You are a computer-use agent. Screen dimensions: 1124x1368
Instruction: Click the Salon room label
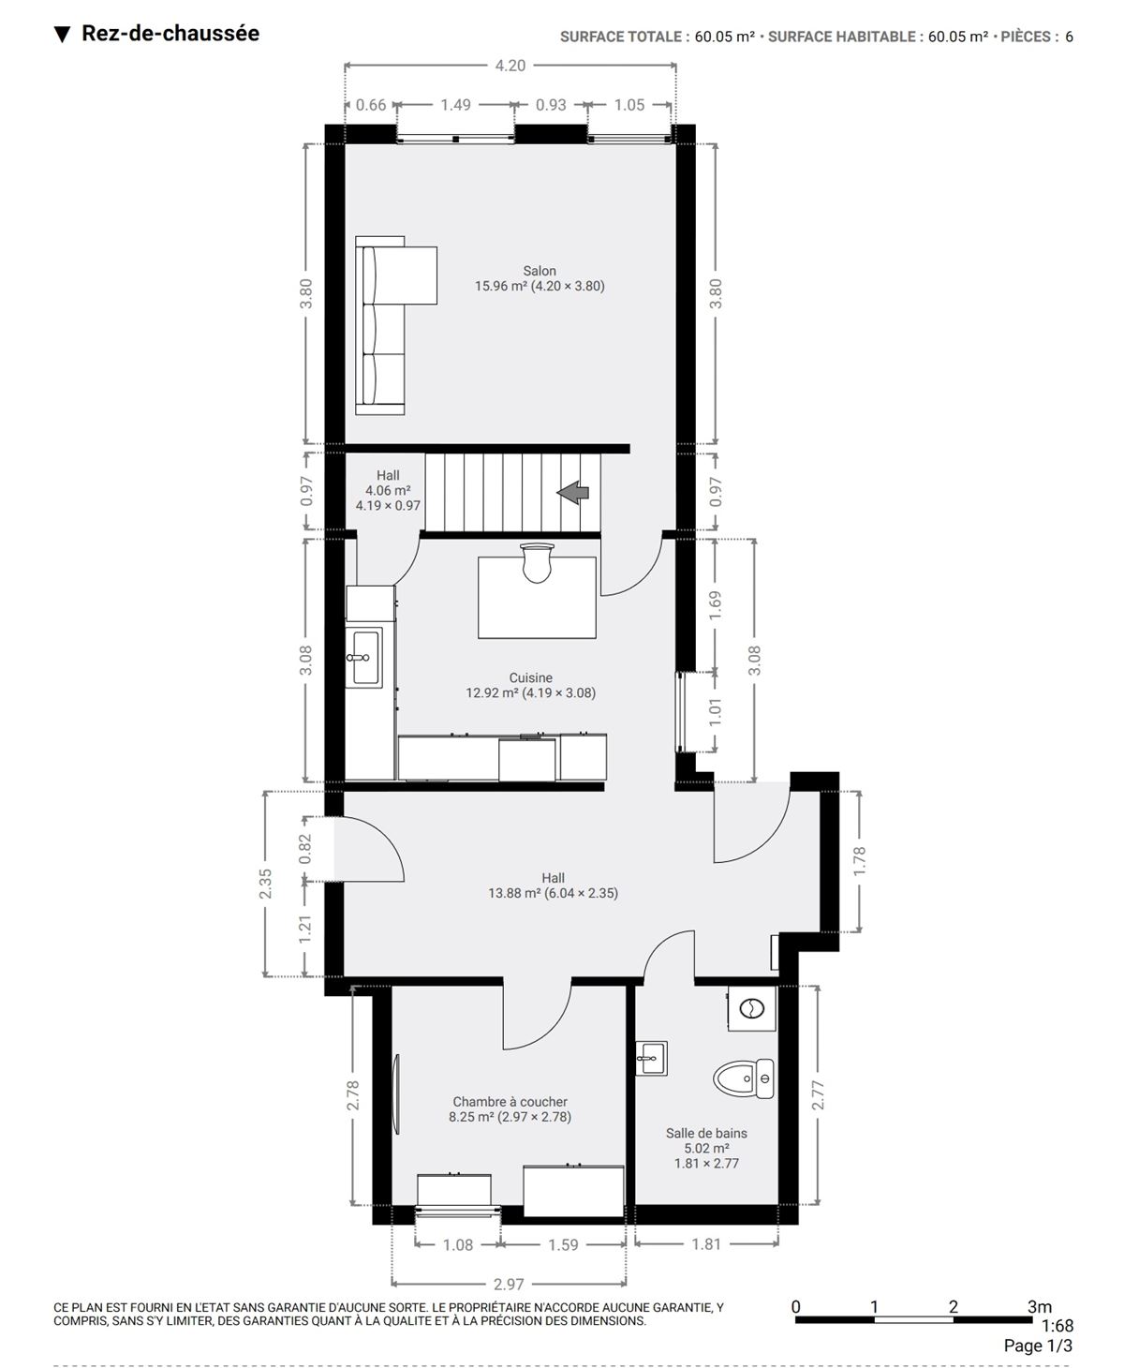coord(539,271)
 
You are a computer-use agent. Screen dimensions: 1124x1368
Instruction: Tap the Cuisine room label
coord(530,677)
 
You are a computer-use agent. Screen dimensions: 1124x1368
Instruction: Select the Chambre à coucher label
coord(510,1101)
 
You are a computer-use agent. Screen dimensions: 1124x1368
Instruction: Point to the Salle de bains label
coord(706,1133)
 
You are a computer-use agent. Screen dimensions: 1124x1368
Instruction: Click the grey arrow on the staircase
coord(572,492)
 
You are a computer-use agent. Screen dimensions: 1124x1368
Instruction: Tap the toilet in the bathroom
coord(744,1078)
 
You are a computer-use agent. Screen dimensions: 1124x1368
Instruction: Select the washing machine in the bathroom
coord(752,1008)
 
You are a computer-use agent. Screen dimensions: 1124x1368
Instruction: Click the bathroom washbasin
coord(651,1058)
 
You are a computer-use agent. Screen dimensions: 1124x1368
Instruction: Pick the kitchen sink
coord(363,657)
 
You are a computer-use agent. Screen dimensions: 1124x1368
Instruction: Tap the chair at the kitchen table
coord(538,562)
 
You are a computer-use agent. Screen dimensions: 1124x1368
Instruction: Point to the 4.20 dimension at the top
coord(510,66)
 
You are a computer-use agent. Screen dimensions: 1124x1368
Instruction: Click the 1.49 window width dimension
coord(455,104)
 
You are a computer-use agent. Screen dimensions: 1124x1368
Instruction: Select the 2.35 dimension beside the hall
coord(265,884)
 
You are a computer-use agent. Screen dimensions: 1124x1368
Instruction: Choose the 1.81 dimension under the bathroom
coord(705,1244)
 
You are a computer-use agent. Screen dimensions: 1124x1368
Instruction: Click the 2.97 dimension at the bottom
coord(509,1285)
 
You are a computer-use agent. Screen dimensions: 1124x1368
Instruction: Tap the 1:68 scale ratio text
coord(1057,1325)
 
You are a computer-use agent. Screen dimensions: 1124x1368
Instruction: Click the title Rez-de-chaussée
coord(170,33)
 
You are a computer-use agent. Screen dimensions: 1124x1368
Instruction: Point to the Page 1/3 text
coord(1038,1346)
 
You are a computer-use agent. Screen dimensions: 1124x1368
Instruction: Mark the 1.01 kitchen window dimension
coord(715,711)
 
